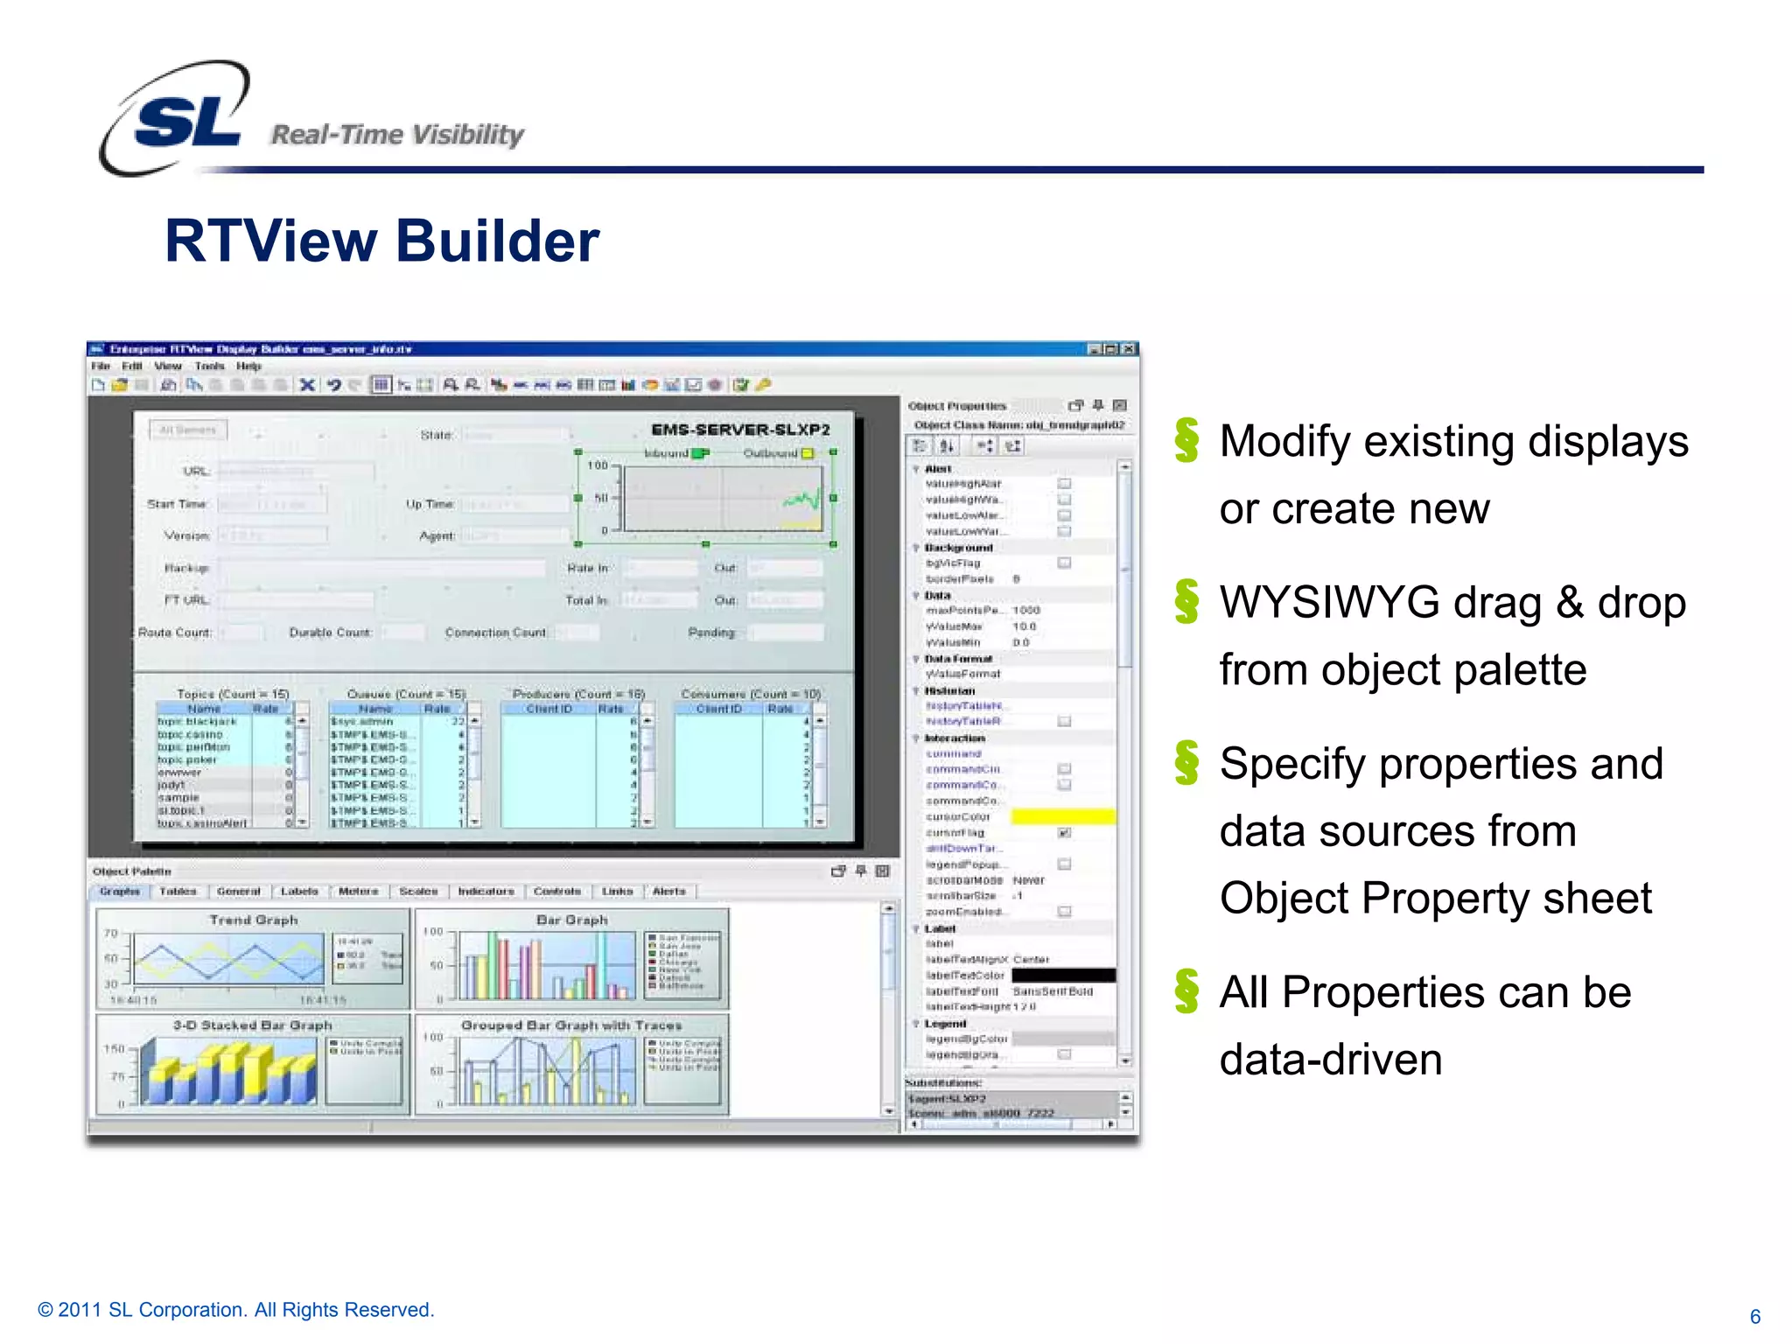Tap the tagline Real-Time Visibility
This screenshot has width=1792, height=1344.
click(397, 135)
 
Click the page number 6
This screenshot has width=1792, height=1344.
click(1754, 1316)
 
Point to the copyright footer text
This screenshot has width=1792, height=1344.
click(236, 1310)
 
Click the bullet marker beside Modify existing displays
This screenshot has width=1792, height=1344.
click(1186, 440)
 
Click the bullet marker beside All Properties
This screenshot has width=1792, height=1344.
click(1186, 991)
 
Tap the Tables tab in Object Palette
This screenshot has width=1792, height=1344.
click(178, 891)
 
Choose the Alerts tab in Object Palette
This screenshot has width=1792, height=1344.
click(668, 891)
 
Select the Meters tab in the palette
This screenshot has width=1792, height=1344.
click(358, 891)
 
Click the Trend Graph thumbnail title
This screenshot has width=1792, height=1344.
click(254, 920)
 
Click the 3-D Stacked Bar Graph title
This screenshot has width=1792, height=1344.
click(252, 1025)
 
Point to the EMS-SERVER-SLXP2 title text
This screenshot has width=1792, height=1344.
click(740, 430)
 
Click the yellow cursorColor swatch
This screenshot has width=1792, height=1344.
click(1063, 816)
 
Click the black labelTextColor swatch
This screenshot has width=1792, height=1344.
click(1063, 975)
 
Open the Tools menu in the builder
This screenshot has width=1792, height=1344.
click(209, 366)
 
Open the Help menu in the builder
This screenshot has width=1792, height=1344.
click(248, 366)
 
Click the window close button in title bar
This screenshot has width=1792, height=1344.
click(1130, 349)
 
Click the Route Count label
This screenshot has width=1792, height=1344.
click(175, 632)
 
